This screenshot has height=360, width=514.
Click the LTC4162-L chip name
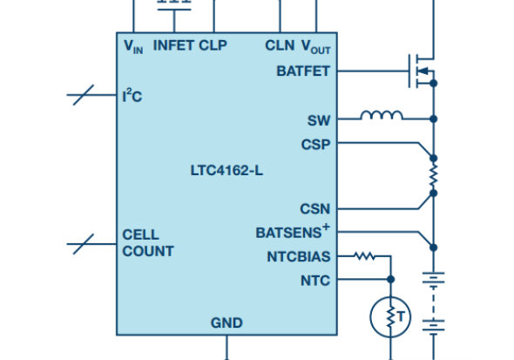(227, 171)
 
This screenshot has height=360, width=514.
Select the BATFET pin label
(303, 71)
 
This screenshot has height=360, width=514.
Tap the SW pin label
(319, 120)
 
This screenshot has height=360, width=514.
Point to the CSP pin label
(315, 145)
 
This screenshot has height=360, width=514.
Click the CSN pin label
(315, 209)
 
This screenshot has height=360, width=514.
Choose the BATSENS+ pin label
(293, 231)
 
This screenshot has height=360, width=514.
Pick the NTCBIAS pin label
(299, 257)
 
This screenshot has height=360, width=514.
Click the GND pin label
(227, 323)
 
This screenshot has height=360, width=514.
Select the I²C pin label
(132, 96)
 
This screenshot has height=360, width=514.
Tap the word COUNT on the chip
(148, 251)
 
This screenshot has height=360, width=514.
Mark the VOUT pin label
(316, 46)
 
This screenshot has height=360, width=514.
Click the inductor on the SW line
(382, 115)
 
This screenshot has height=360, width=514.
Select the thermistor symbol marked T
(390, 317)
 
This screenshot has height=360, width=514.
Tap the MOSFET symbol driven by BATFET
(422, 71)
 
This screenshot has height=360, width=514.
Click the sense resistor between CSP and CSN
(433, 176)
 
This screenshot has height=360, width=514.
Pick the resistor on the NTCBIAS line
(364, 255)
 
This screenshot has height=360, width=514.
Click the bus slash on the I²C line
(84, 95)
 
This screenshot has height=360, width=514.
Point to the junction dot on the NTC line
(390, 279)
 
